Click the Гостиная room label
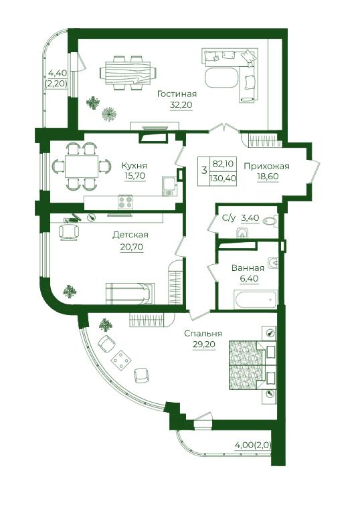[x=177, y=94]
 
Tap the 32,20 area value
[x=181, y=105]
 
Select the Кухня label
[x=134, y=166]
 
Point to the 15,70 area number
[x=135, y=176]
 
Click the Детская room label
[x=130, y=235]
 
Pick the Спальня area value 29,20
[x=204, y=344]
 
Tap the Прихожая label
[x=266, y=166]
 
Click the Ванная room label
[x=248, y=268]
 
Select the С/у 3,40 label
[x=241, y=218]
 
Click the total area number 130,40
[x=223, y=178]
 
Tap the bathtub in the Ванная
[x=256, y=299]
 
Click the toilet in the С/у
[x=270, y=221]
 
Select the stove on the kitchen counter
[x=125, y=202]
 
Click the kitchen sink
[x=169, y=186]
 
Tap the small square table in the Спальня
[x=121, y=360]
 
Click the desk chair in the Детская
[x=69, y=232]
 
